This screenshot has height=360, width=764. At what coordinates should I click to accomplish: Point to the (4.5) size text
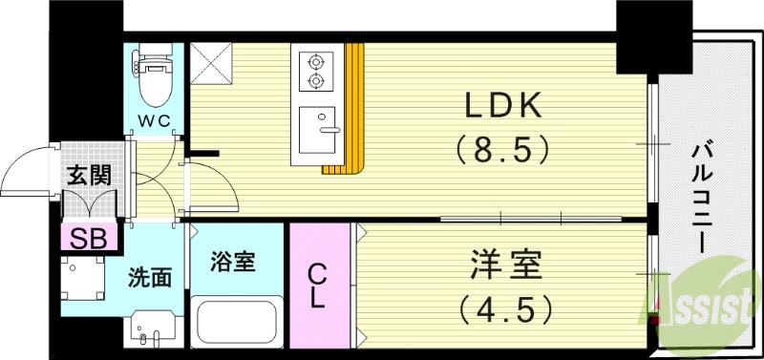click(503, 309)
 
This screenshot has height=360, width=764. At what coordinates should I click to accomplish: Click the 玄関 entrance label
click(88, 175)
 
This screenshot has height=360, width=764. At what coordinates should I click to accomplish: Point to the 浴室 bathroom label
click(235, 261)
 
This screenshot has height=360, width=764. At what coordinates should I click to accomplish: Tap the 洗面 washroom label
click(150, 278)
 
